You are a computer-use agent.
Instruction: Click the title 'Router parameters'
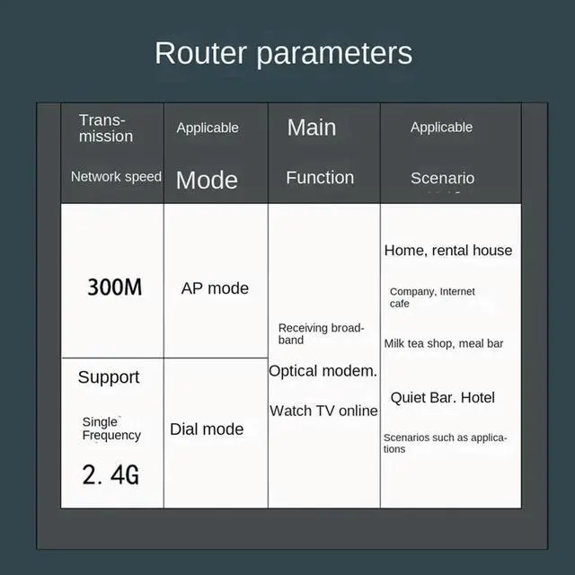click(x=283, y=53)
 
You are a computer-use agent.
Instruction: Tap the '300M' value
click(x=114, y=287)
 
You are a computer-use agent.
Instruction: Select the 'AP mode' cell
click(x=215, y=288)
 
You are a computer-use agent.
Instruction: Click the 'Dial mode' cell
click(x=207, y=429)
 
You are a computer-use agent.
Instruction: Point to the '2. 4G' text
click(x=111, y=474)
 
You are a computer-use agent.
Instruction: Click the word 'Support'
click(x=109, y=377)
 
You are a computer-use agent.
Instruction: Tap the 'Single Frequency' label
click(x=111, y=429)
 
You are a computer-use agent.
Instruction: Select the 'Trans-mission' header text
click(x=105, y=128)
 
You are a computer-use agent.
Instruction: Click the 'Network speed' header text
click(x=116, y=177)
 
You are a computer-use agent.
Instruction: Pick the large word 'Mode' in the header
click(x=207, y=180)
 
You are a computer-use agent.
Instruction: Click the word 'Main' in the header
click(x=312, y=128)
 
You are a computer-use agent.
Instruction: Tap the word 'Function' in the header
click(x=320, y=178)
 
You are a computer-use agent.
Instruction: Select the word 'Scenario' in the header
click(x=442, y=178)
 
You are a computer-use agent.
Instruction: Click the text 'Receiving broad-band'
click(x=321, y=334)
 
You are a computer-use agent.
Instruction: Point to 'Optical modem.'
click(x=323, y=371)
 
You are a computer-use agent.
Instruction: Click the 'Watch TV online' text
click(x=323, y=411)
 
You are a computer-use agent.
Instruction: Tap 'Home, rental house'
click(x=448, y=251)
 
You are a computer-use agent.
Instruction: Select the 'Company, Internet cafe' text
click(x=432, y=297)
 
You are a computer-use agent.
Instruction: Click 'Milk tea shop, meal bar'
click(x=444, y=344)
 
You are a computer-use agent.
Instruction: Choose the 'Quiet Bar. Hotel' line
click(x=442, y=398)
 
